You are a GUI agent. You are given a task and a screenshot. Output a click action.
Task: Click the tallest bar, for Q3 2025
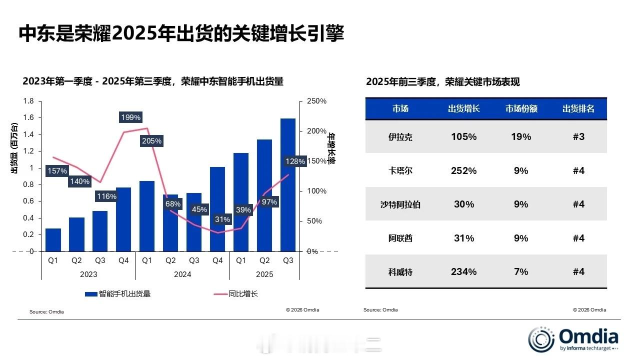tap(288, 185)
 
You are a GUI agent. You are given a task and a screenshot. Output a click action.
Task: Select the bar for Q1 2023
tap(53, 240)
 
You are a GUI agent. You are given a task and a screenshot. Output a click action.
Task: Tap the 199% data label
tap(131, 117)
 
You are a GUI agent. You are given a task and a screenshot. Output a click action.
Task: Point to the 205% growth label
tap(151, 141)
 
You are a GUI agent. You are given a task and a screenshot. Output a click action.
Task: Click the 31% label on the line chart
tap(222, 219)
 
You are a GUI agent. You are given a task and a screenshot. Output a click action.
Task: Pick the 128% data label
tap(294, 161)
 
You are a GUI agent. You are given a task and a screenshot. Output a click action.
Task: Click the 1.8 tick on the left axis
tap(28, 101)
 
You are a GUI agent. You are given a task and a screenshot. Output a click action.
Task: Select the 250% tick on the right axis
tap(316, 101)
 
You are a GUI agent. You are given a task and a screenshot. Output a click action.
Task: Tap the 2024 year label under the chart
tap(182, 274)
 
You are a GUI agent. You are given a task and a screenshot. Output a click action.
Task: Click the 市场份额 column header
tap(521, 108)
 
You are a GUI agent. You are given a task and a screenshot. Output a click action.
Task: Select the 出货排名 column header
tap(578, 108)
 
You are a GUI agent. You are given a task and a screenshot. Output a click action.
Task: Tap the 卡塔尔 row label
tap(400, 170)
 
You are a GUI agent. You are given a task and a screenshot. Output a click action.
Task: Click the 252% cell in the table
tap(463, 170)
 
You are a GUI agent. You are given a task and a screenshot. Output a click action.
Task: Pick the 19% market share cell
tap(521, 136)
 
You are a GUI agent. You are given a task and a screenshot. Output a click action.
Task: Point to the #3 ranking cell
tap(578, 136)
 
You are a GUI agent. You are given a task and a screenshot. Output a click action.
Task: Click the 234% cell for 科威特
tap(463, 271)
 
